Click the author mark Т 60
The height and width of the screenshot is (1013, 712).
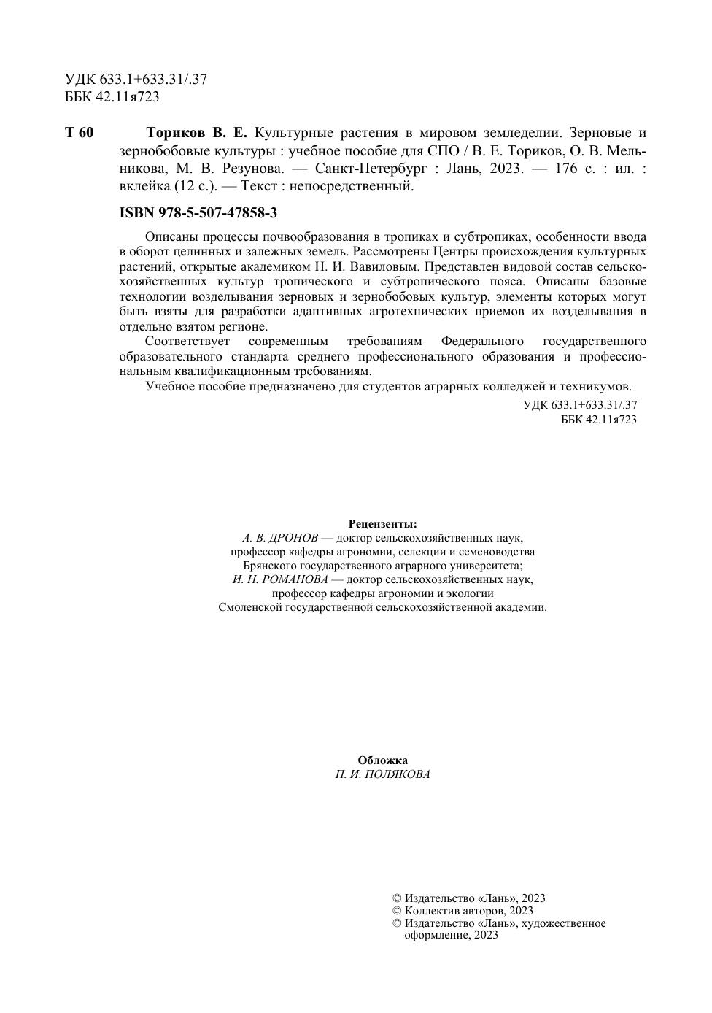click(80, 133)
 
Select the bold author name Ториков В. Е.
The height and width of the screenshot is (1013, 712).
click(197, 133)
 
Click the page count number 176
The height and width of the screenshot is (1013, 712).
click(566, 168)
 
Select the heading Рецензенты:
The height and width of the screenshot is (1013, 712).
click(383, 524)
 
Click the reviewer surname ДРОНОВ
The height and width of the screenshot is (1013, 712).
click(292, 538)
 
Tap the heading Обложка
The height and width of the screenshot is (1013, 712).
click(383, 760)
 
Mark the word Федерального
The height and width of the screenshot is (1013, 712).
click(483, 342)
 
